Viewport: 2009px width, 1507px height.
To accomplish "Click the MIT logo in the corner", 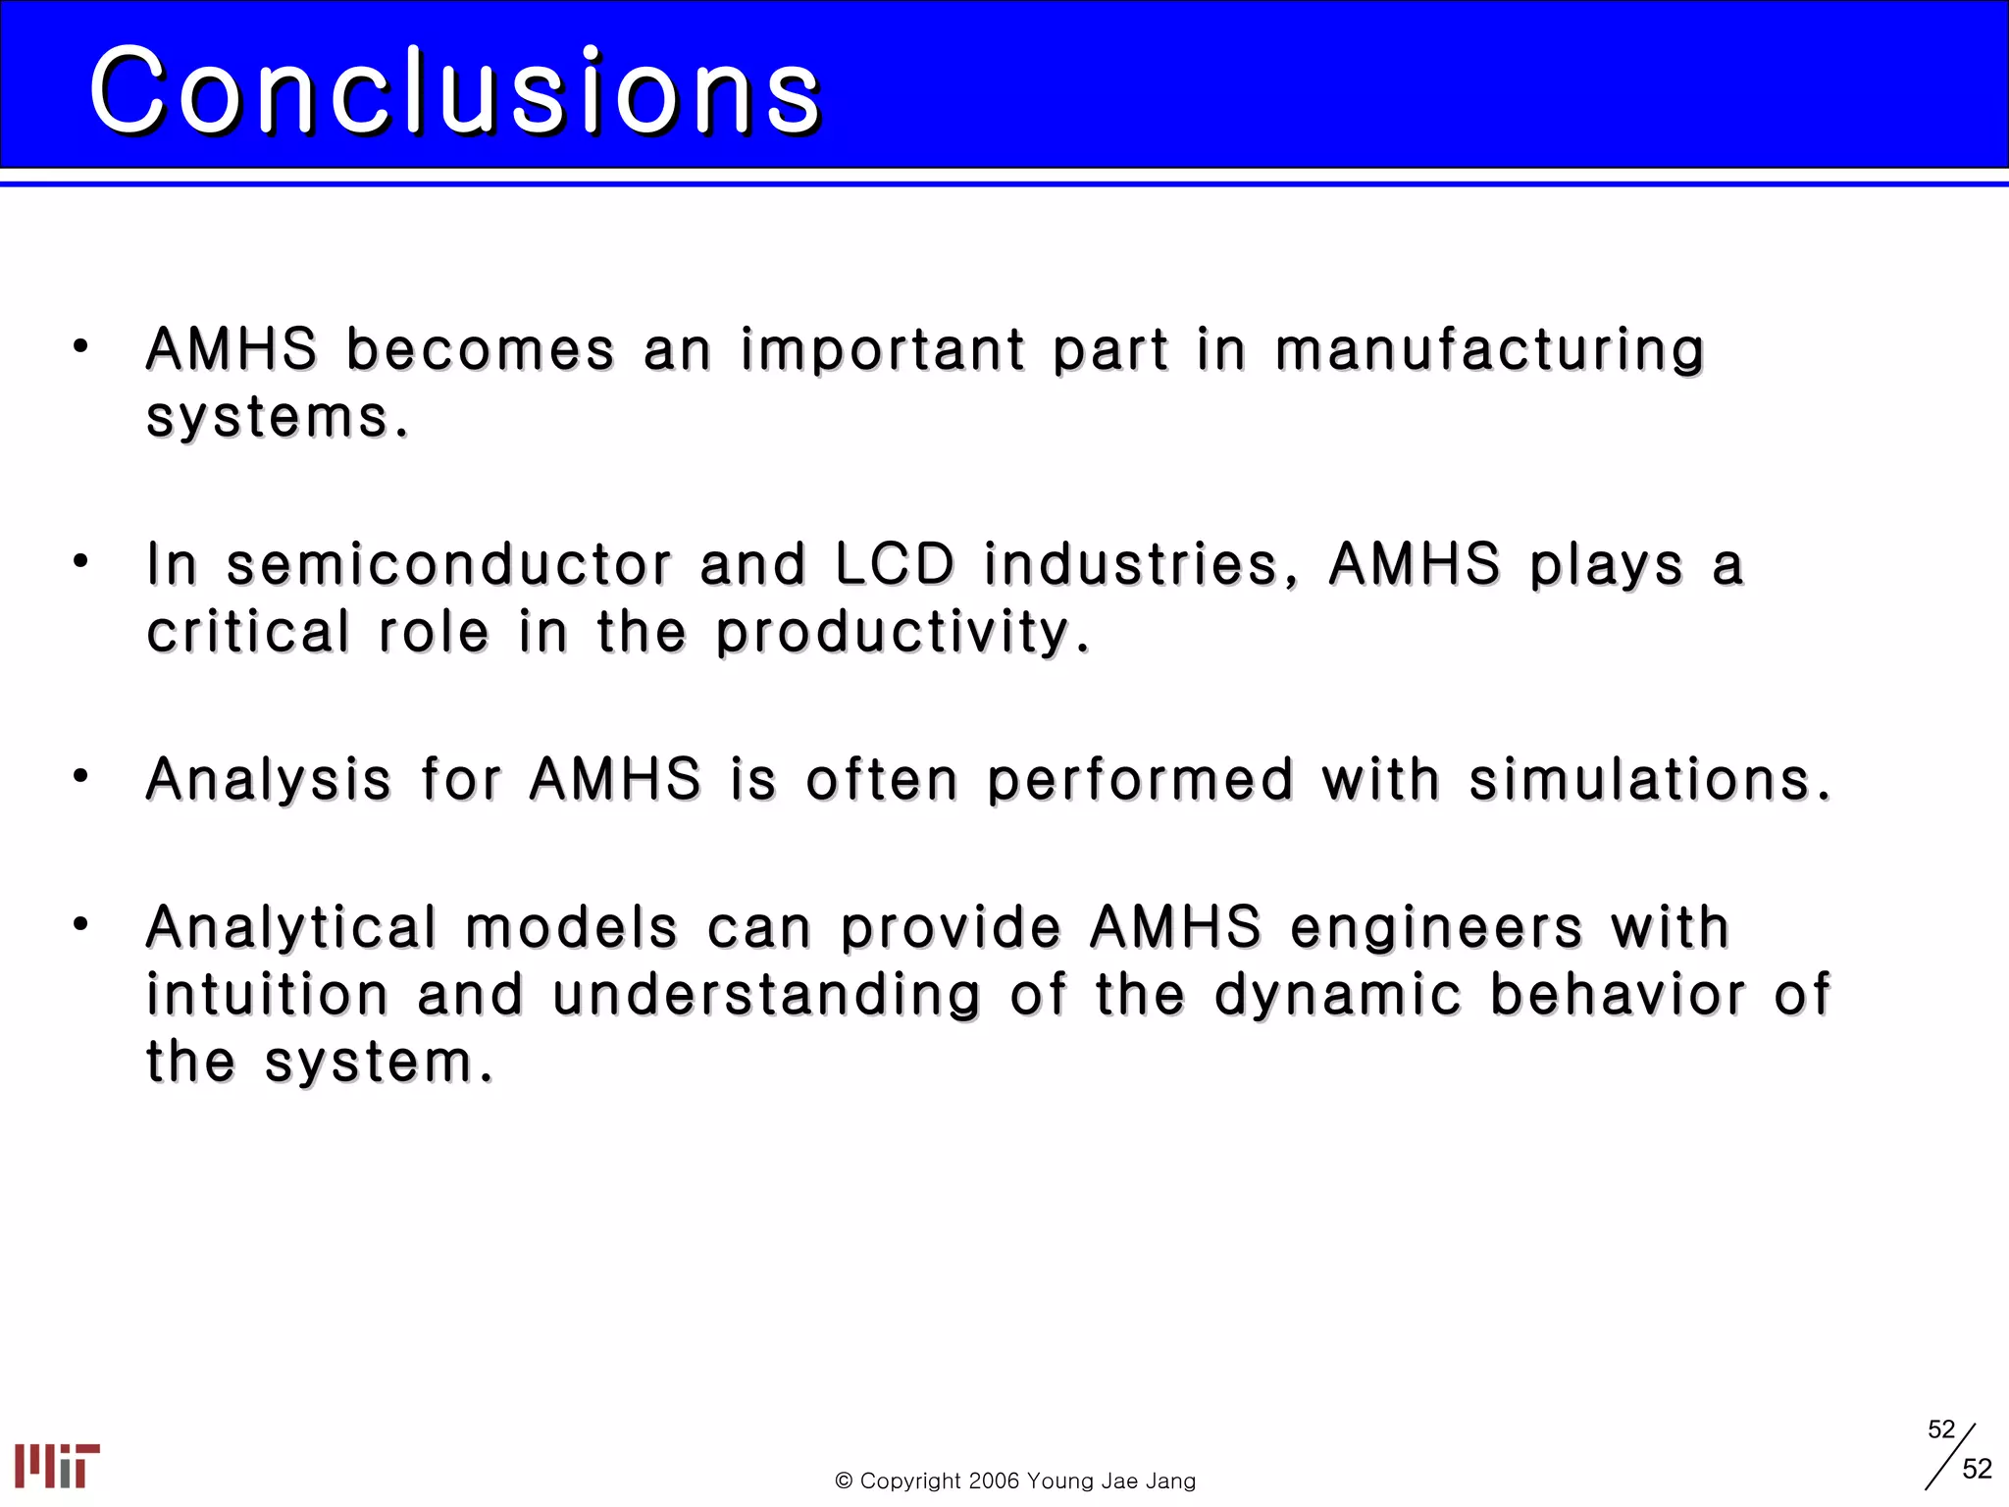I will pos(57,1466).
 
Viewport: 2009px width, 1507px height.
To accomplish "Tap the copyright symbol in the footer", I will pos(843,1481).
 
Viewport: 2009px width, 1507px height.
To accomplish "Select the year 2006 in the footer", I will pos(994,1481).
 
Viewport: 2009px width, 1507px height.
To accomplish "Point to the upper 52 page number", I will pos(1940,1429).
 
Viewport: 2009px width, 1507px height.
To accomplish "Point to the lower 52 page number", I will pos(1977,1469).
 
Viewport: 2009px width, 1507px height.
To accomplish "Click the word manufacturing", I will pos(1489,351).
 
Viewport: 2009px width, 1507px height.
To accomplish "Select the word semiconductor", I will pos(449,565).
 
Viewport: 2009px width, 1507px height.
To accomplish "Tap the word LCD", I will pos(894,565).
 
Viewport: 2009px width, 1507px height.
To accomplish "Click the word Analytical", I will pos(291,929).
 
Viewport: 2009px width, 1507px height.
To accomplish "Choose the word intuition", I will pos(268,995).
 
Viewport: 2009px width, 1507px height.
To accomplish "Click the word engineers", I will pos(1436,929).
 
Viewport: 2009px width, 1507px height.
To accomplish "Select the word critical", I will pos(248,632).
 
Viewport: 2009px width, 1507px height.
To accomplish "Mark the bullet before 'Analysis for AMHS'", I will pos(80,777).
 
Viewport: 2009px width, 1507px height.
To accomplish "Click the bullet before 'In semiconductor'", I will pos(80,561).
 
